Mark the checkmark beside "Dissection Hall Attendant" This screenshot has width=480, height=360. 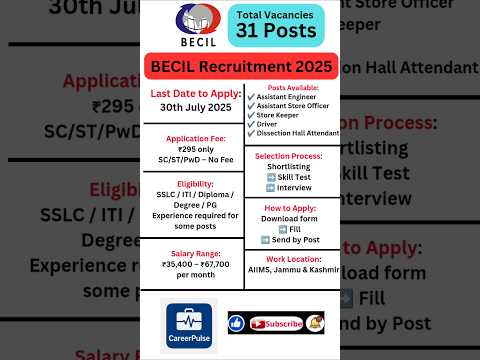point(251,133)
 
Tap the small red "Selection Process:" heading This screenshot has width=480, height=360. point(288,157)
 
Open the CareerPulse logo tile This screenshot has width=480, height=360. point(189,324)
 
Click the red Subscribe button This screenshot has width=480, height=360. point(277,323)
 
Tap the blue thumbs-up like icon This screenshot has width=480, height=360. point(237,323)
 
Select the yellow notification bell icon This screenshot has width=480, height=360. point(316,323)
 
